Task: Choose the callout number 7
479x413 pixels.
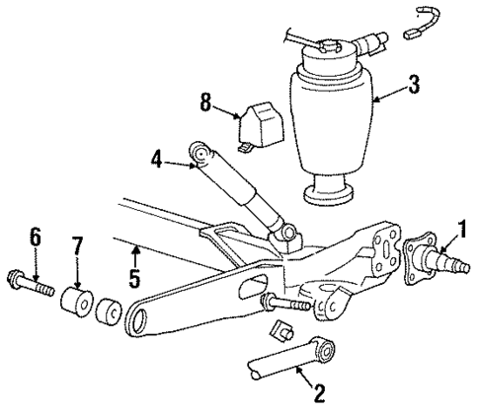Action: tap(74, 244)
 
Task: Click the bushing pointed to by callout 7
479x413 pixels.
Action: tap(73, 300)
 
